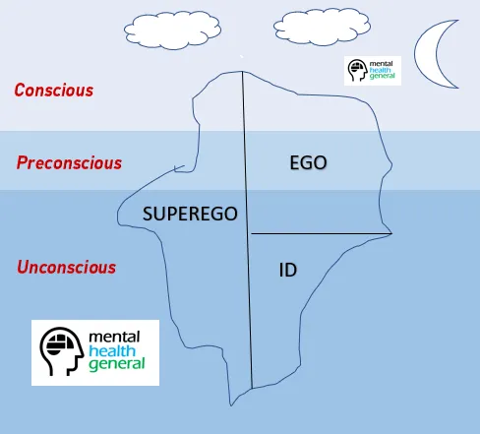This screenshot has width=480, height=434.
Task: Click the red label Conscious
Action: tap(54, 91)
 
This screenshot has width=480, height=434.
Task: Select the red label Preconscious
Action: tap(69, 162)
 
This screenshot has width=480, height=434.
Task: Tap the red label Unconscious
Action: tap(67, 267)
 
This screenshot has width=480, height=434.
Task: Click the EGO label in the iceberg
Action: tap(308, 162)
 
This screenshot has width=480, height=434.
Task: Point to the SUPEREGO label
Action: tap(190, 214)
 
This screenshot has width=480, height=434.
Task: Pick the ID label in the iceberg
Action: tap(288, 270)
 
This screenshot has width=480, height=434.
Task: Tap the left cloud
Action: tap(172, 31)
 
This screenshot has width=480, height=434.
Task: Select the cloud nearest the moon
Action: tap(322, 27)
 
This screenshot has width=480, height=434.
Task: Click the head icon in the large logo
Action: tap(61, 351)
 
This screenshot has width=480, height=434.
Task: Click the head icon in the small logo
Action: tap(357, 70)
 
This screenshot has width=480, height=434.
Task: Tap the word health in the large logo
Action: tap(112, 350)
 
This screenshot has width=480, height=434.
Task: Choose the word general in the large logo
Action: tap(117, 364)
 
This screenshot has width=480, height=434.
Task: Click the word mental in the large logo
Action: tap(114, 337)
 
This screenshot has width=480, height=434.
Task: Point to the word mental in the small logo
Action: tap(381, 64)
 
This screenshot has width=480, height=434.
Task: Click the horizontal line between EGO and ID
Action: tap(322, 233)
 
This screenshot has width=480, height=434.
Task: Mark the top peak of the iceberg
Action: tap(242, 71)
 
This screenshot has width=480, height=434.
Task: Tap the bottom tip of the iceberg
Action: tap(231, 405)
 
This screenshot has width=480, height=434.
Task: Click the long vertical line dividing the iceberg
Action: tap(247, 229)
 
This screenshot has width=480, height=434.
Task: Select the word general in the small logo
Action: tap(383, 76)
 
